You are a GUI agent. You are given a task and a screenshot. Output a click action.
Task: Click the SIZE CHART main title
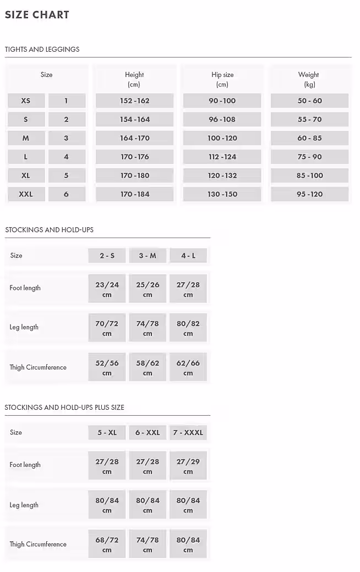[x=37, y=15]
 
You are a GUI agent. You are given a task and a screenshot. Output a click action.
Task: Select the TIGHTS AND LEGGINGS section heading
[x=42, y=49]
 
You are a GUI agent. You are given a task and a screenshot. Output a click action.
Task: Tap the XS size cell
[x=26, y=101]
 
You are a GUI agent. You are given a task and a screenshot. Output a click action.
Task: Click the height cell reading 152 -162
[x=134, y=101]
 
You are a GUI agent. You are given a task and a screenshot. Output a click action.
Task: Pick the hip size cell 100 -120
[x=222, y=138]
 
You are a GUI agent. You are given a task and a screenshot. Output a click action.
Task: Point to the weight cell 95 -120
[x=309, y=194]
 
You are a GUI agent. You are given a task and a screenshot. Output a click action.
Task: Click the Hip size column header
[x=222, y=79]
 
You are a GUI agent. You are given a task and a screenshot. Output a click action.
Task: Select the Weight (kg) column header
[x=309, y=79]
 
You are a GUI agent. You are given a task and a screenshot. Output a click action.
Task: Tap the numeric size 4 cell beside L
[x=67, y=157]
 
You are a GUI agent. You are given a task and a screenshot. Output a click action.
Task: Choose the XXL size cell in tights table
[x=26, y=194]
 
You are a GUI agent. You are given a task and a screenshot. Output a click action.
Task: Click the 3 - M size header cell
[x=148, y=256]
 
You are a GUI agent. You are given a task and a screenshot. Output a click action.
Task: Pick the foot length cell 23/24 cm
[x=107, y=289]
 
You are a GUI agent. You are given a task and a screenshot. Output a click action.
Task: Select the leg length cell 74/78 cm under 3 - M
[x=148, y=328]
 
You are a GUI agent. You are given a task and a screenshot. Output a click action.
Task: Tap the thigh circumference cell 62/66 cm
[x=188, y=368]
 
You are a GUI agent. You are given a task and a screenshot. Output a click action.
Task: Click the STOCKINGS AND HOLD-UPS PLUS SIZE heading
[x=64, y=408]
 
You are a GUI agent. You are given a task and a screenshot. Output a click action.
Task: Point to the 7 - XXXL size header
[x=188, y=432]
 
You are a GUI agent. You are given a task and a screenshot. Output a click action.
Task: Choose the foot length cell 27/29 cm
[x=188, y=466]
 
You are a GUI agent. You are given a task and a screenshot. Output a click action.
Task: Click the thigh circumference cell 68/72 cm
[x=107, y=544]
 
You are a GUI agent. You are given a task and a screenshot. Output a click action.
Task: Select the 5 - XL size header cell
[x=107, y=432]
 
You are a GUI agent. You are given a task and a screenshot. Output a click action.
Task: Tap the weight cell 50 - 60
[x=309, y=101]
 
